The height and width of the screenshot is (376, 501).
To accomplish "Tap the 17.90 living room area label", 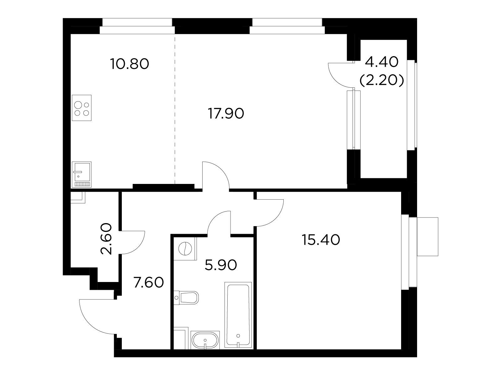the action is [x=226, y=113].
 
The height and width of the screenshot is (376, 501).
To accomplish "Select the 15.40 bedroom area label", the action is [x=321, y=240].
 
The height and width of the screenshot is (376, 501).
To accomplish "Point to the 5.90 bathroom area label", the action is [x=221, y=265].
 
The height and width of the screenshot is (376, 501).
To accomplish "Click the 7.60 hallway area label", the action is [x=149, y=282].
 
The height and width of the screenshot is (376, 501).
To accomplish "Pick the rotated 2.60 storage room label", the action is [x=106, y=239].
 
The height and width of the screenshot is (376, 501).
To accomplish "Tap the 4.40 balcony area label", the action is [x=382, y=62].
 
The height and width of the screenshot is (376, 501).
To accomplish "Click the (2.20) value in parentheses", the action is [x=382, y=80].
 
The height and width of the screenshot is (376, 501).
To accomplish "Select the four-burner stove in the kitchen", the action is [x=82, y=108].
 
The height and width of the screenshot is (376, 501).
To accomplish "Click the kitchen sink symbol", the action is [x=82, y=175].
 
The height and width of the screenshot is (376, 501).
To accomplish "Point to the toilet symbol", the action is [x=186, y=297].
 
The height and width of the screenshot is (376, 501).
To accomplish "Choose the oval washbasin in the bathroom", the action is [x=205, y=343].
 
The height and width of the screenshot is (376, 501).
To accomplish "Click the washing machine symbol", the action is [x=185, y=248].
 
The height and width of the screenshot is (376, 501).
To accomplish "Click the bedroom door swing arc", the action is [x=276, y=218].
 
